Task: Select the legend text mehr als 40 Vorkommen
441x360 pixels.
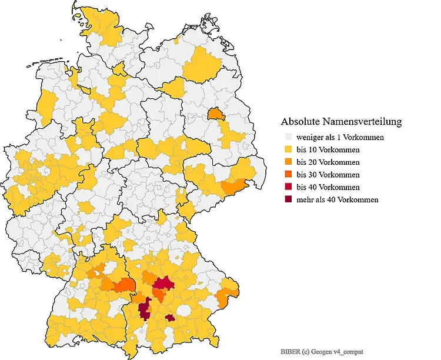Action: click(338, 199)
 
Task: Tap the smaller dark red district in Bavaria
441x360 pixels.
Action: click(169, 318)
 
